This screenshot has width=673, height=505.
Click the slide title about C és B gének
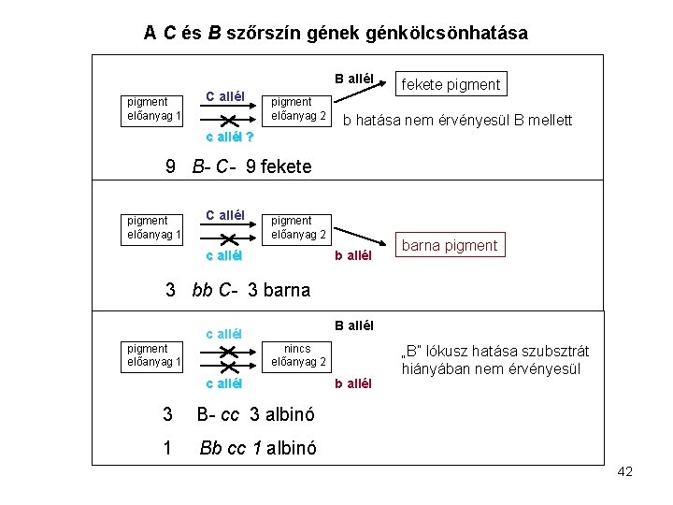(x=336, y=34)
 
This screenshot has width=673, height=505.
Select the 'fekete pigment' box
(x=451, y=85)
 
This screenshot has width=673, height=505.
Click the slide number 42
(x=624, y=471)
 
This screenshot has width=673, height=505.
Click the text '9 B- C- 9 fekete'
(x=238, y=167)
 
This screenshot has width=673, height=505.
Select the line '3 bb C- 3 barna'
(x=237, y=289)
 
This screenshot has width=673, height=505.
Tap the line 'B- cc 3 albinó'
(x=254, y=414)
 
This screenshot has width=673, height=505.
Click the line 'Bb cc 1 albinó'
(x=257, y=448)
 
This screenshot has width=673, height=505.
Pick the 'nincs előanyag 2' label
(x=298, y=354)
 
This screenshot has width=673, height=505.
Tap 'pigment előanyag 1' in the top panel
(x=154, y=108)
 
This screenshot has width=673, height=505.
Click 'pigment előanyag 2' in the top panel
(x=298, y=108)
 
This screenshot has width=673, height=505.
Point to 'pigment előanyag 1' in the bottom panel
(x=154, y=354)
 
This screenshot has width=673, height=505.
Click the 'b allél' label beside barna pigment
(x=354, y=254)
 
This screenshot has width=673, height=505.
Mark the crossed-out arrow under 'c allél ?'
(x=228, y=120)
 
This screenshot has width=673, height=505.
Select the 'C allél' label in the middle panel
(x=224, y=215)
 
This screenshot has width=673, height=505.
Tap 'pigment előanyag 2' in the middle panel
(x=298, y=227)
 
